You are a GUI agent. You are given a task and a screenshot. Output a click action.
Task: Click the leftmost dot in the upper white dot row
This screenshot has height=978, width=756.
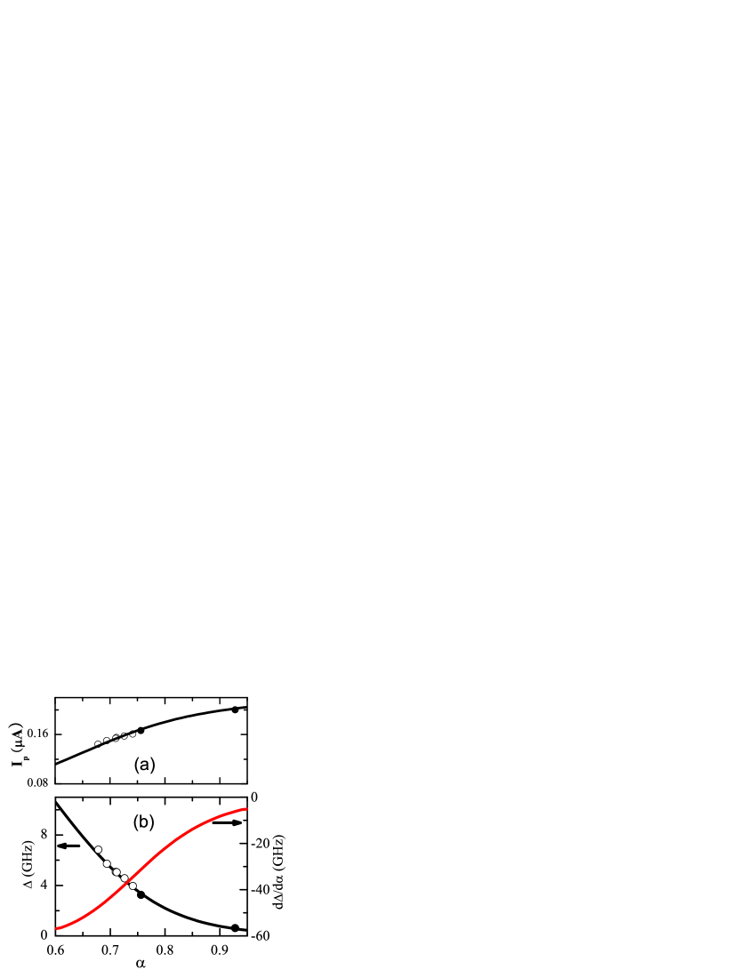97,743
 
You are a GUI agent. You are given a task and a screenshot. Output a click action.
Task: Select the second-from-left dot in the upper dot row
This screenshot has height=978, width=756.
106,741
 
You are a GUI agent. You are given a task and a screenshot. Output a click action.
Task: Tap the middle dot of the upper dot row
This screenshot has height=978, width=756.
115,738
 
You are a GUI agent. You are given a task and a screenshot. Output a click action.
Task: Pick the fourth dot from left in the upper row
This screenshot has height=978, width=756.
124,736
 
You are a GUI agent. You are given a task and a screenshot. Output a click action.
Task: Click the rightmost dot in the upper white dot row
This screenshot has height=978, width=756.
133,734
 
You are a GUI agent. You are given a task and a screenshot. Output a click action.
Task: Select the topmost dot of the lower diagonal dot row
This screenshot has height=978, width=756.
98,849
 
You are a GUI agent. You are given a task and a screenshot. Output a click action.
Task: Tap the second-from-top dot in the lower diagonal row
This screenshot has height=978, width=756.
107,863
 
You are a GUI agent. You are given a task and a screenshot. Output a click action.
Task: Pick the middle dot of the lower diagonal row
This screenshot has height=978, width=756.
117,872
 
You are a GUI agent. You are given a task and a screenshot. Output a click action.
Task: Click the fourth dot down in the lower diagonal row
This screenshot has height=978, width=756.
125,878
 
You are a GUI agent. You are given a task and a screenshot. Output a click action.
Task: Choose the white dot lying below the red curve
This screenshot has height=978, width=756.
133,886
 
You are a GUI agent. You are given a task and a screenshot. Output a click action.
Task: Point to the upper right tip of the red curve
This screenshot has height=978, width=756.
246,808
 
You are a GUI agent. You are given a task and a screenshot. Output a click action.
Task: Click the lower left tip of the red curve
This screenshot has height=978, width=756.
57,928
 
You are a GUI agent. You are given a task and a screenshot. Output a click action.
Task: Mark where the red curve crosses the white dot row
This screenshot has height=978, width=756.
129,882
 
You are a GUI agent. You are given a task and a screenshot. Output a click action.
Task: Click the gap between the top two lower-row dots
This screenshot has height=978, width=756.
102,856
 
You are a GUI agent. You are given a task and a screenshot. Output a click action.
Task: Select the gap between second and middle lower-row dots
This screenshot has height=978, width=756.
111,868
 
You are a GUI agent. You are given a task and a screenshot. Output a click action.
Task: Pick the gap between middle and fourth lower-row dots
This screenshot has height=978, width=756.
120,876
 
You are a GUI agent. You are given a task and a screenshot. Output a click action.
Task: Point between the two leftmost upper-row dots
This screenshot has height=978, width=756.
101,742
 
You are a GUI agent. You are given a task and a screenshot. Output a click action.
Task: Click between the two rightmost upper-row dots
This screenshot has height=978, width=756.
128,735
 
